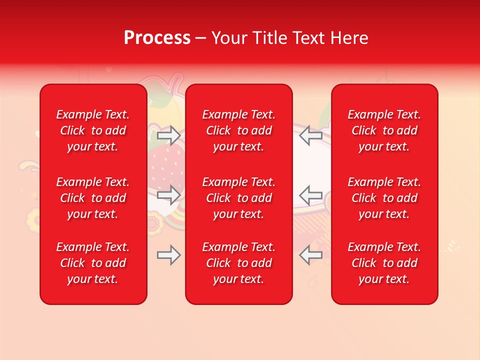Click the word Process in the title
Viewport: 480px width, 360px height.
click(157, 37)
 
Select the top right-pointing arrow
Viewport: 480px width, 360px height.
click(168, 135)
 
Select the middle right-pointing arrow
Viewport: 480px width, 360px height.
click(168, 194)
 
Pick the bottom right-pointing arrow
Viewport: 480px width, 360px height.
click(168, 255)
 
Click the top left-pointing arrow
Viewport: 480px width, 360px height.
click(310, 135)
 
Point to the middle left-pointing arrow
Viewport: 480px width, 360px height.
click(310, 194)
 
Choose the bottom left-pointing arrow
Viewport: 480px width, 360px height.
click(310, 255)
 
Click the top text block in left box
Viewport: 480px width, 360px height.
click(93, 130)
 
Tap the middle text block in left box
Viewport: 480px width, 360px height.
click(93, 198)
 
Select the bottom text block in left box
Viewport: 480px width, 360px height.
click(93, 263)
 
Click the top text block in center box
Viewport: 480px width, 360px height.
click(239, 130)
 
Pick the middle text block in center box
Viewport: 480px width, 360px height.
click(239, 198)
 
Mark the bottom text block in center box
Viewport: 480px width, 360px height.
click(239, 263)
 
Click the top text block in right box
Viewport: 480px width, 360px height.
click(384, 130)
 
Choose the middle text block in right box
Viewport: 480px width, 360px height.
click(384, 198)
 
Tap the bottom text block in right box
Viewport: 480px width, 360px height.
click(384, 263)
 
